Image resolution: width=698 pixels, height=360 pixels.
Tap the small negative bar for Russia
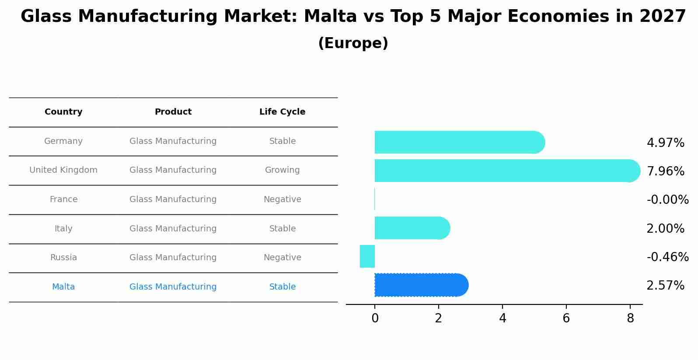[367, 256]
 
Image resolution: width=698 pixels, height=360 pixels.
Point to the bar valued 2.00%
[412, 228]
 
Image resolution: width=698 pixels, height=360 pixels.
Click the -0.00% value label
[667, 200]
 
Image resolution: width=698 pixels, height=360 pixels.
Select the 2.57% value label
[665, 286]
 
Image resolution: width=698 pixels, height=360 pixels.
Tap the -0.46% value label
[667, 257]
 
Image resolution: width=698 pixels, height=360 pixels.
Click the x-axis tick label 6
[566, 318]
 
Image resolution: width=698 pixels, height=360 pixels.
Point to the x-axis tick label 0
[375, 318]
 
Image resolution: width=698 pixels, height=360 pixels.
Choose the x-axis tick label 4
[503, 318]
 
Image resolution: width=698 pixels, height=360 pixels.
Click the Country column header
[63, 112]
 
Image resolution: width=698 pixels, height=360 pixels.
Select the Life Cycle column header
[282, 112]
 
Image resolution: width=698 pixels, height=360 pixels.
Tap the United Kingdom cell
[63, 170]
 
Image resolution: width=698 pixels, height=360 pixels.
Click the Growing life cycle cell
[282, 170]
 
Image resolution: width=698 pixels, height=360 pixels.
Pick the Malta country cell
[63, 287]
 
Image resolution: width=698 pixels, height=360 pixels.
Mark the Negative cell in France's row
[282, 199]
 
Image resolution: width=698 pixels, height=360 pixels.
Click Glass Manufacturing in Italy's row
[173, 229]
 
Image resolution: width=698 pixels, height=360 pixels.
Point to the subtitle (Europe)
[353, 43]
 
